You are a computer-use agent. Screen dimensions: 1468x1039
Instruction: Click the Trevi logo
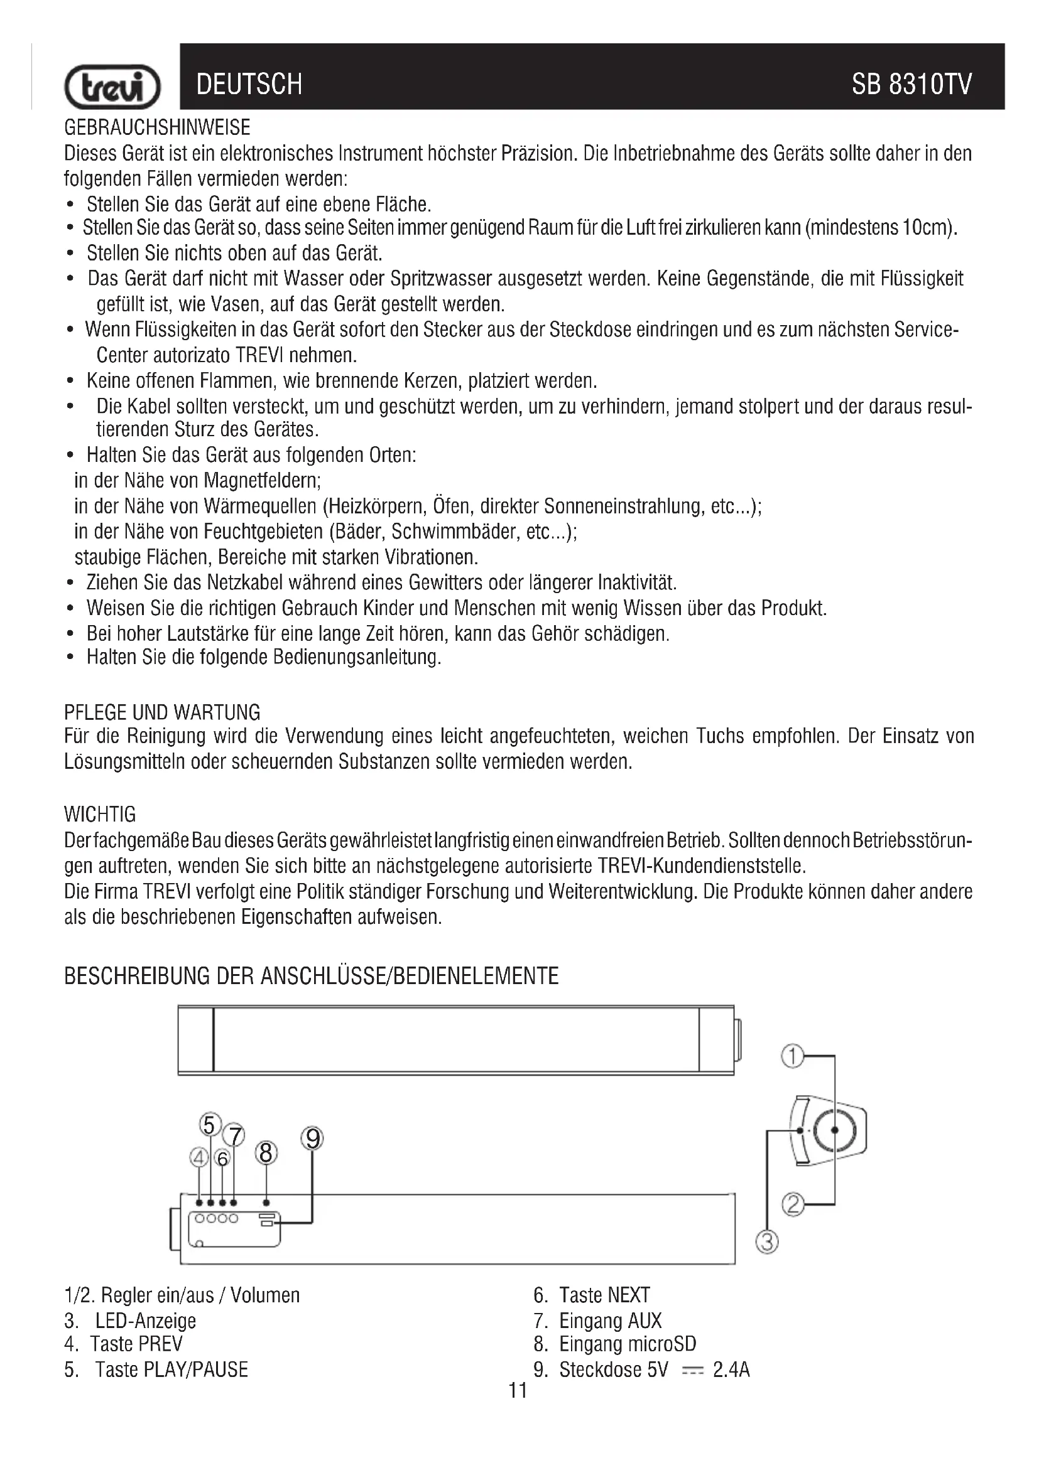(112, 87)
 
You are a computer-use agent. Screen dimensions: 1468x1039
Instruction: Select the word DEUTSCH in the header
(249, 84)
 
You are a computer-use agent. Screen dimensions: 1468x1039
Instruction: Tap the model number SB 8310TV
(911, 84)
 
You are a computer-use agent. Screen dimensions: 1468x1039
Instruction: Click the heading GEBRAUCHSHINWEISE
(157, 128)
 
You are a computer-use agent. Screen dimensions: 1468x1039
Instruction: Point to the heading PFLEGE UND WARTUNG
(162, 712)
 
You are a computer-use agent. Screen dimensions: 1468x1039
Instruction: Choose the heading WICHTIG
(100, 815)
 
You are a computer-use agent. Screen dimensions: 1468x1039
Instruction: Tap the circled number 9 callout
(312, 1139)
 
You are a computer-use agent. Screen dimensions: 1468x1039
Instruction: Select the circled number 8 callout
(266, 1153)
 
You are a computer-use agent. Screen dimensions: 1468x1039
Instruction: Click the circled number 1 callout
(793, 1056)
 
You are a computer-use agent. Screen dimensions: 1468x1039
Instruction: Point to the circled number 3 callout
(767, 1242)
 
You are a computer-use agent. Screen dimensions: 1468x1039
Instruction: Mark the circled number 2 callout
(793, 1204)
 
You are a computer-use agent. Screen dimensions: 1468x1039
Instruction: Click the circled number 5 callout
(210, 1124)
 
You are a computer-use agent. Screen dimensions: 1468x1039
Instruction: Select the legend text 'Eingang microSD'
(627, 1343)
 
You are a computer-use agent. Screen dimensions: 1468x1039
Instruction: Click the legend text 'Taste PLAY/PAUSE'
(171, 1369)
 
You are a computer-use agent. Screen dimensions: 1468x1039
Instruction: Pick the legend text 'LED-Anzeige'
(145, 1321)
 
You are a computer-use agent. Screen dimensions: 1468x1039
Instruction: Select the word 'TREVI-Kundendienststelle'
(700, 866)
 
